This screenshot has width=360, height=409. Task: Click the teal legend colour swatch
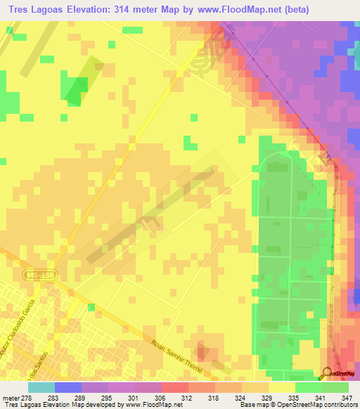(41, 387)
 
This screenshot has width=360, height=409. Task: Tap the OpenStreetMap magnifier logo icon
(327, 372)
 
